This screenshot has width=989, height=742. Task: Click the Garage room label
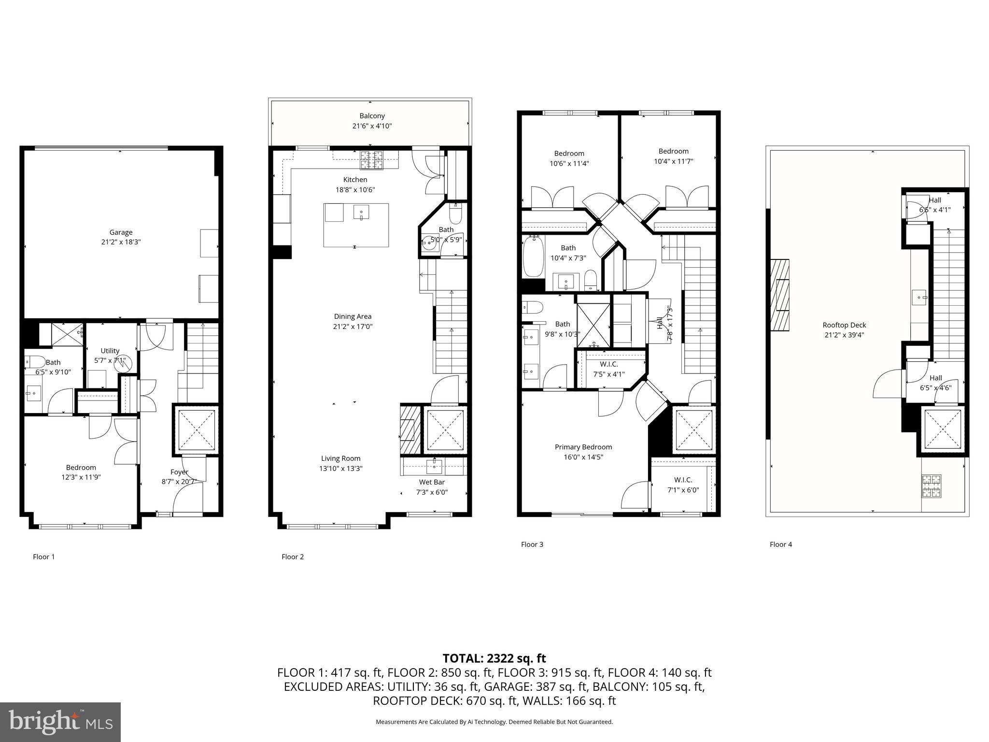point(120,232)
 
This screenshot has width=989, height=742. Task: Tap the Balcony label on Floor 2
point(372,116)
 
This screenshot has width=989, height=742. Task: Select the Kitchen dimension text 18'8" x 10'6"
point(355,190)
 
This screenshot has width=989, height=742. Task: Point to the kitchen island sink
point(361,212)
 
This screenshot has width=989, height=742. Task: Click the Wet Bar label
point(432,482)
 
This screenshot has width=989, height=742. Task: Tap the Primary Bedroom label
point(583,447)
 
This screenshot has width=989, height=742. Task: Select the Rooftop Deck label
point(844,325)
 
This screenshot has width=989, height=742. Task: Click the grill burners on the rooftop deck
point(932,486)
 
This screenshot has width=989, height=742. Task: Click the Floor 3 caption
point(532,544)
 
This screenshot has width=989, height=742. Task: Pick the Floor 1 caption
point(43,557)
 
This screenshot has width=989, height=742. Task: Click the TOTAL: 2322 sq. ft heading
point(494,658)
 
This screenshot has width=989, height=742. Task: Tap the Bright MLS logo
point(60,722)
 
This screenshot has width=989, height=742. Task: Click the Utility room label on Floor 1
point(110,351)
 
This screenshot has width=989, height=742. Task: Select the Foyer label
point(179,472)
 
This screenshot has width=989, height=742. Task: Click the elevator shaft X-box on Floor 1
point(196,430)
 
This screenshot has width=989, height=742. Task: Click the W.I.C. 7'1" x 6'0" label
point(683,480)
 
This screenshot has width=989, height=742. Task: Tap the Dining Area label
point(353,317)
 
